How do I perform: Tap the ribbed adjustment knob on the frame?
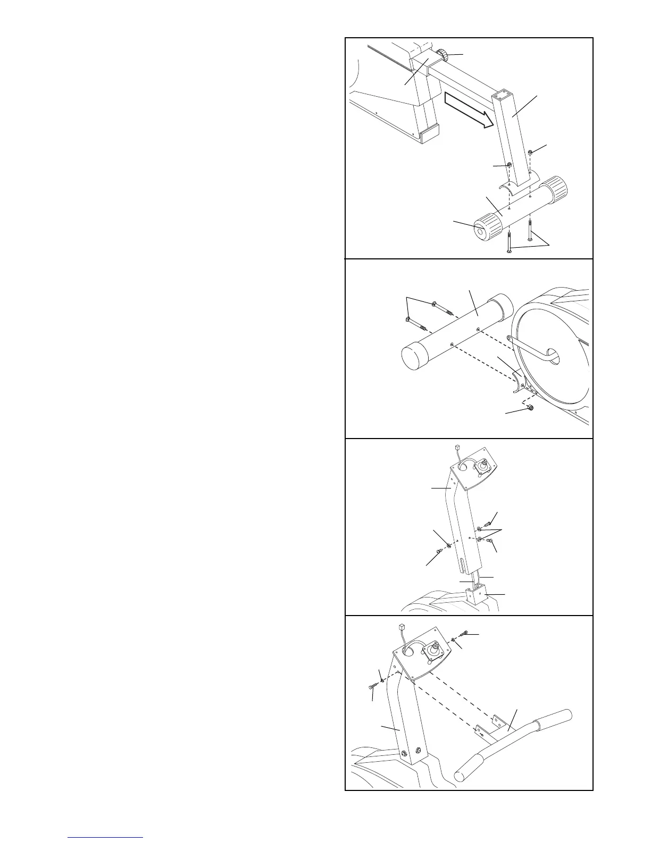click(444, 54)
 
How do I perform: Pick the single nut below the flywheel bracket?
click(530, 409)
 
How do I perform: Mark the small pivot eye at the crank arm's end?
click(510, 339)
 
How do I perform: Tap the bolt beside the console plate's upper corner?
click(465, 633)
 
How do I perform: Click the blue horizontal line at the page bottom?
click(106, 837)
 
